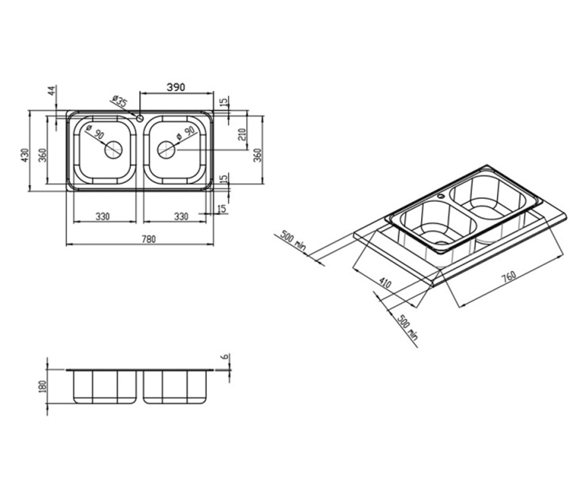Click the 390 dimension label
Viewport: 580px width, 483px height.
pos(176,87)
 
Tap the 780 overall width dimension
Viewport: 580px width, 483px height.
pos(149,239)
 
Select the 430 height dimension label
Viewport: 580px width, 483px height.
pos(25,155)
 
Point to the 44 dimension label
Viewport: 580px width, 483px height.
pos(52,90)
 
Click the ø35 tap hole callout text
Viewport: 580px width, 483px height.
pos(120,101)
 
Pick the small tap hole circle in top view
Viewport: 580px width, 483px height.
pos(140,118)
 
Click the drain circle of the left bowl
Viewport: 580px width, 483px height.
pos(113,150)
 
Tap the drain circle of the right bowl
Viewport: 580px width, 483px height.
pos(166,150)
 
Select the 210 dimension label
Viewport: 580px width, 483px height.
pos(242,134)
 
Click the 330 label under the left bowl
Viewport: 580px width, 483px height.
pos(103,216)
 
